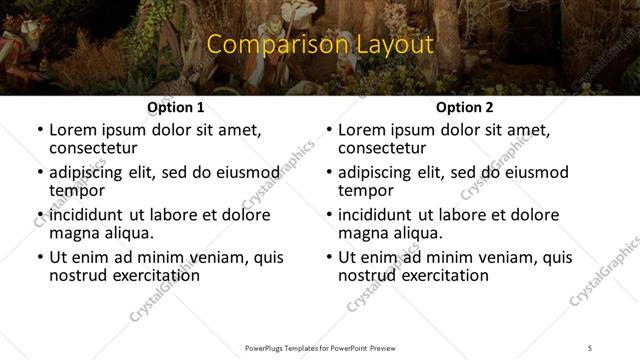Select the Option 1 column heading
pos(176,107)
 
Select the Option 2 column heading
pos(464,107)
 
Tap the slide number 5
pos(590,348)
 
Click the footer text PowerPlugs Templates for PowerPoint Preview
pos(319,348)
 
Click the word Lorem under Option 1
pos(72,130)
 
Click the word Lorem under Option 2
pos(361,130)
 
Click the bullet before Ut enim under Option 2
pos(329,257)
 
